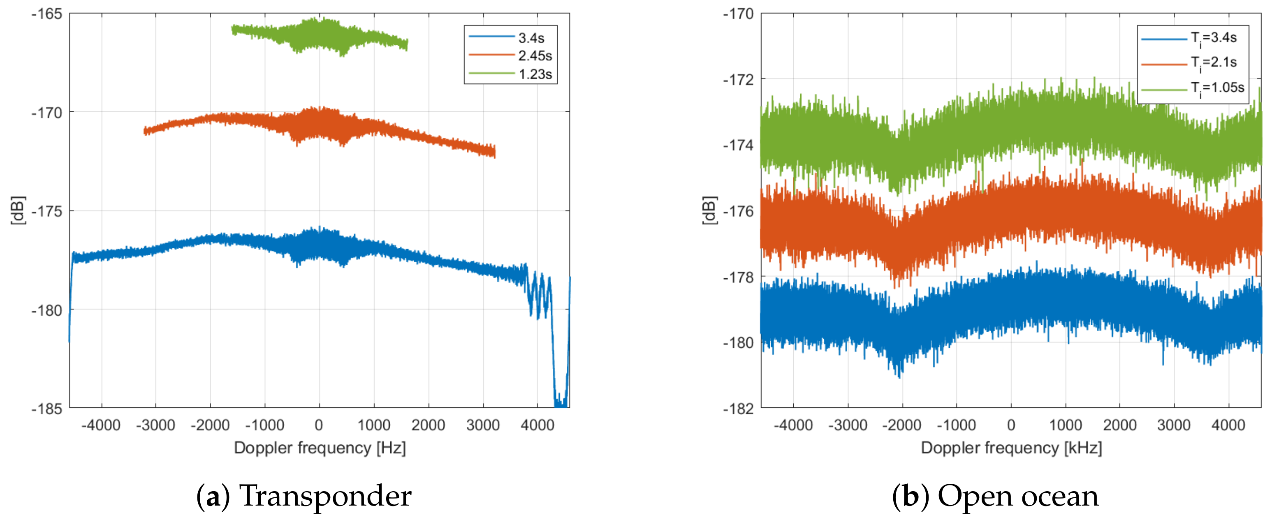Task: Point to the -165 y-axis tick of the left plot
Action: click(x=47, y=14)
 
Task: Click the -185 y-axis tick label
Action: click(x=47, y=409)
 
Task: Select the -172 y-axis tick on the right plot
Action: click(x=739, y=79)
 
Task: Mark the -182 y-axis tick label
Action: click(x=739, y=409)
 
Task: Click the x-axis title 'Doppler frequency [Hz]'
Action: click(x=320, y=448)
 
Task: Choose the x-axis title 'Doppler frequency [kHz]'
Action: click(x=1011, y=448)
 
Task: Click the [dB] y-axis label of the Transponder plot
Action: click(x=18, y=211)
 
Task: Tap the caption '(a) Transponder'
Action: click(x=304, y=496)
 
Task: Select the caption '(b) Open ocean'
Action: click(x=995, y=496)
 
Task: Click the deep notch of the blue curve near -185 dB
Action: click(x=561, y=402)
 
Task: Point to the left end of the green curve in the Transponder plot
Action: click(x=233, y=29)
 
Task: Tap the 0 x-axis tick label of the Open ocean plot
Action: click(x=1011, y=425)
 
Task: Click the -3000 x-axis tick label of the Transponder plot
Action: click(x=155, y=425)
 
